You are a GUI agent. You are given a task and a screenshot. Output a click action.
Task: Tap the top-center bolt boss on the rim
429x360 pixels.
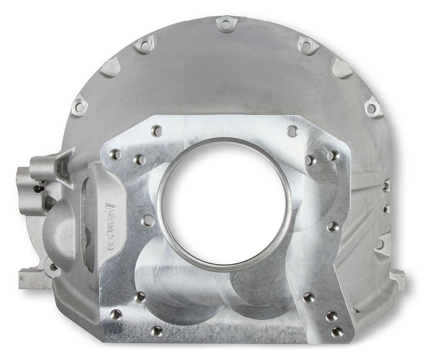click(x=225, y=23)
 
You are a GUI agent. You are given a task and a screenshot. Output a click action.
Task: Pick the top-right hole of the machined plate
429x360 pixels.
click(x=292, y=131)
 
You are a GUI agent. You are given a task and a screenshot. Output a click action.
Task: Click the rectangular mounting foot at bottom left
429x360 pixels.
click(x=32, y=278)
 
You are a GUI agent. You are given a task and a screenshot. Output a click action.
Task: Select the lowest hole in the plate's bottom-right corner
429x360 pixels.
click(x=337, y=332)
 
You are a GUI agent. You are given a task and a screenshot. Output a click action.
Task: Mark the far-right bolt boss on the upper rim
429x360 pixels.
click(x=372, y=107)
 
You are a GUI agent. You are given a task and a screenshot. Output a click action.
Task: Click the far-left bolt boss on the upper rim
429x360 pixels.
click(x=79, y=107)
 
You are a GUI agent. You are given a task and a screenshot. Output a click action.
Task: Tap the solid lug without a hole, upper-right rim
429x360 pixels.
click(x=342, y=67)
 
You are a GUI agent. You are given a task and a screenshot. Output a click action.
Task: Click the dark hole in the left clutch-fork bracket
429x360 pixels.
click(x=37, y=188)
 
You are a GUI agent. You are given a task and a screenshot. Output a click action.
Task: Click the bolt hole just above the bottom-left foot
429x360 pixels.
click(x=53, y=267)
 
